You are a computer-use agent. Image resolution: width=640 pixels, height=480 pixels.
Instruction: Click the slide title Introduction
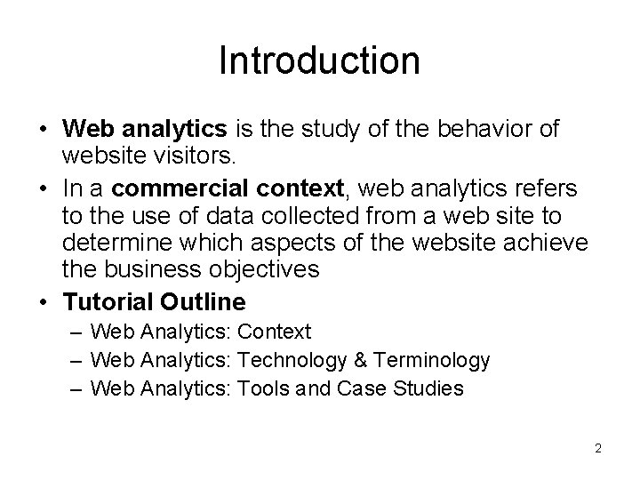tap(319, 60)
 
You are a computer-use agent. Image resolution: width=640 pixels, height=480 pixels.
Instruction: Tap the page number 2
tap(598, 448)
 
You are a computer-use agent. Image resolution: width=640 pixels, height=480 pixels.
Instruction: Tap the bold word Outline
tap(208, 301)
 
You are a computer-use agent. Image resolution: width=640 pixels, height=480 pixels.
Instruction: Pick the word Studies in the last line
tap(431, 388)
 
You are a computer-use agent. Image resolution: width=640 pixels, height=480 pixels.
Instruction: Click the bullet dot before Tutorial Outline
tap(44, 302)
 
